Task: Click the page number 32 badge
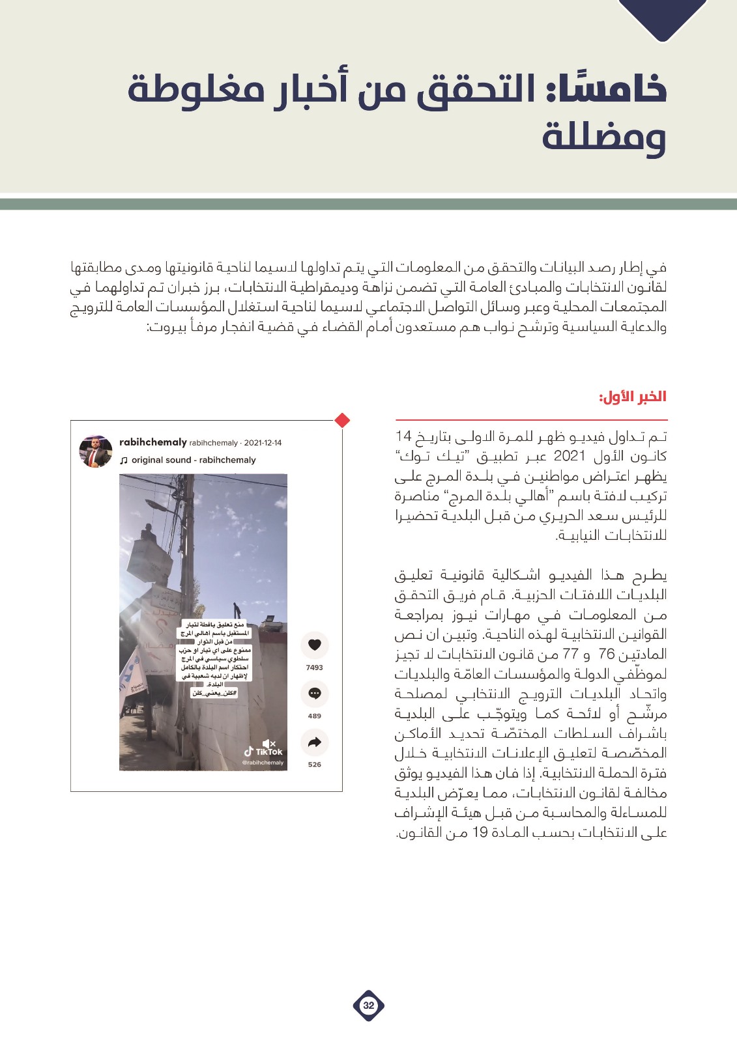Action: (369, 1005)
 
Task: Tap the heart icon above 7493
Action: (315, 645)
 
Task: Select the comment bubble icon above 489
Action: (315, 693)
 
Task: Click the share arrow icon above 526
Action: (315, 742)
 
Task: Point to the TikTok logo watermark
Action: (264, 752)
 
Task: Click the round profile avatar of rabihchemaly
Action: (96, 451)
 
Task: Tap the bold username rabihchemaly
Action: (153, 442)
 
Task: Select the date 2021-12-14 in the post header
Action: (263, 443)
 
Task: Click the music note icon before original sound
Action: (124, 460)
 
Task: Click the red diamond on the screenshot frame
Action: (342, 421)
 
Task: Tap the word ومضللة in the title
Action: (603, 137)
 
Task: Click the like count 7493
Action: (315, 668)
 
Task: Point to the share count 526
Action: (315, 765)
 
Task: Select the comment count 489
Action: (315, 716)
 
